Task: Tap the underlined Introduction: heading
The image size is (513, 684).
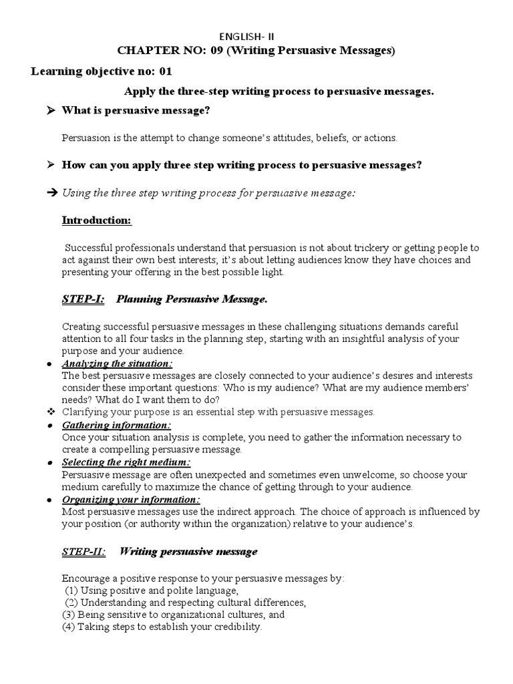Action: point(96,220)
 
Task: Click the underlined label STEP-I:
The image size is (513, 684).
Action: point(83,299)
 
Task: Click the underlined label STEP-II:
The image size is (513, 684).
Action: point(83,552)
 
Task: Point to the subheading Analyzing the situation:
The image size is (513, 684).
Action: point(117,363)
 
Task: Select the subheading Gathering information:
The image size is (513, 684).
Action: point(116,425)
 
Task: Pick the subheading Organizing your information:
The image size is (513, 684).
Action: point(131,500)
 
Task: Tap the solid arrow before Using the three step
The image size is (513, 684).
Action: point(52,193)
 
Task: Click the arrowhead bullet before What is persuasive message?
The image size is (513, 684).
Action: point(50,111)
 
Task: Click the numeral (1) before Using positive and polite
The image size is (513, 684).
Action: point(71,590)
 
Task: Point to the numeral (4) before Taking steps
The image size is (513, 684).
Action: point(68,627)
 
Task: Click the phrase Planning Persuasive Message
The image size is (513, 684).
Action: point(192,299)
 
